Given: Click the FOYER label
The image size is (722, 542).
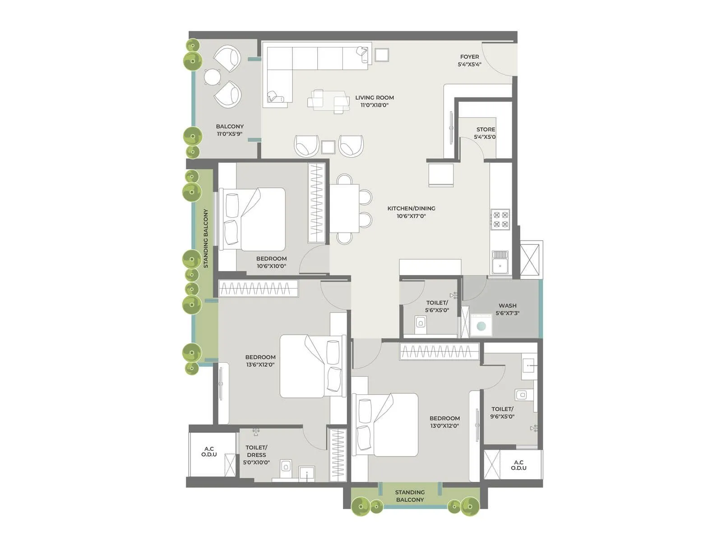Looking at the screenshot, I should point(469,57).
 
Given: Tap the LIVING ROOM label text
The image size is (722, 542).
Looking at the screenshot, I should point(374,98).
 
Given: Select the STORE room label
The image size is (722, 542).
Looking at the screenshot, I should point(486,130).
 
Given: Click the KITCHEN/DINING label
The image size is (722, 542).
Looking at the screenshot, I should point(411,209).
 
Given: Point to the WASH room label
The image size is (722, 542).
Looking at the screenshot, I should point(507,306).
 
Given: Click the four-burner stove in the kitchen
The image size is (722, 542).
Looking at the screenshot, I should point(500,220).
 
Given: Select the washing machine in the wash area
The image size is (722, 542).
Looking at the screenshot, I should point(481,325).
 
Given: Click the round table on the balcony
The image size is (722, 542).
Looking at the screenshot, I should point(212,77).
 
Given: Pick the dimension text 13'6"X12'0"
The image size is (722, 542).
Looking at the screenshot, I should point(260,364).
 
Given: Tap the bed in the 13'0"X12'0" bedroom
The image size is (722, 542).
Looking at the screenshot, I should point(387,425).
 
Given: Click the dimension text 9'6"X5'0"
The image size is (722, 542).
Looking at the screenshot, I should point(502,416).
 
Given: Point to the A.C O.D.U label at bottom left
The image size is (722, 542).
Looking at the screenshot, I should point(209,452).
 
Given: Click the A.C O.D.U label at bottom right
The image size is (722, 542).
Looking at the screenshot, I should point(518,465).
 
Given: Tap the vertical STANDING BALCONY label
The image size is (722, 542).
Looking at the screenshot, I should point(206,238).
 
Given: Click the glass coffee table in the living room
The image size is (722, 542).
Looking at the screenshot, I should point(329,101).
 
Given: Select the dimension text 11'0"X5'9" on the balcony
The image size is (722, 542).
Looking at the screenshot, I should point(229,134).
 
